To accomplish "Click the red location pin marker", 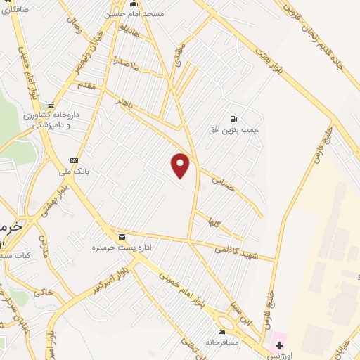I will [x=181, y=165].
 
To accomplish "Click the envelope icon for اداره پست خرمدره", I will [x=122, y=236].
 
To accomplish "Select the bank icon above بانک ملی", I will [x=74, y=160].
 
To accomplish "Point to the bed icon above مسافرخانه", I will [x=222, y=332].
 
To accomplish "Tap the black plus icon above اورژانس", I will [x=279, y=345].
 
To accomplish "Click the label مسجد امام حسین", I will [x=134, y=14].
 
